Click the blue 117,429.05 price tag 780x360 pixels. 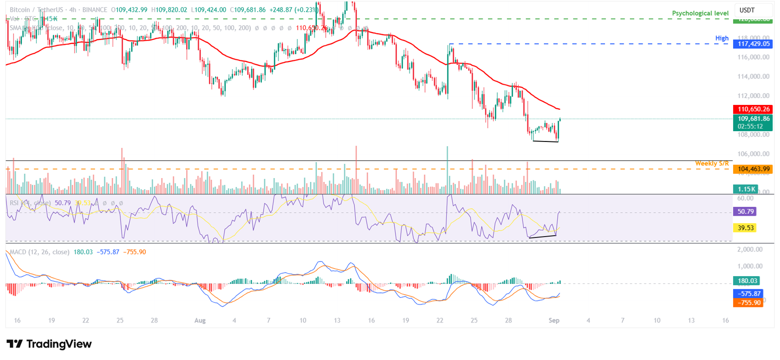(753, 44)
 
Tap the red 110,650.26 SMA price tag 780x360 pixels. (753, 109)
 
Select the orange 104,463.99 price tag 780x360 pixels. (753, 169)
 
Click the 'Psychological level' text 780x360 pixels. (700, 13)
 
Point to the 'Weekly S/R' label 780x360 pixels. (712, 163)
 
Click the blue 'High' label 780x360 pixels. (722, 38)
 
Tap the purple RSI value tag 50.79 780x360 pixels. (745, 212)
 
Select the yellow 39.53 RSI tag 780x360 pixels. (745, 228)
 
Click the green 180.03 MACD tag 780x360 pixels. (747, 281)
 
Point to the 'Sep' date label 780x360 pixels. (554, 320)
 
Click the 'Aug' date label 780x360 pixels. (200, 320)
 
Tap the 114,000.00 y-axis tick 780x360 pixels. (753, 77)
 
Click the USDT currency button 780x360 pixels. (747, 10)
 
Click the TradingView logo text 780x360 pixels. (58, 344)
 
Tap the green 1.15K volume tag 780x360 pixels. (746, 189)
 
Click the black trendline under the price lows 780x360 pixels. (546, 141)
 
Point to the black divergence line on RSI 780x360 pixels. (542, 237)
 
